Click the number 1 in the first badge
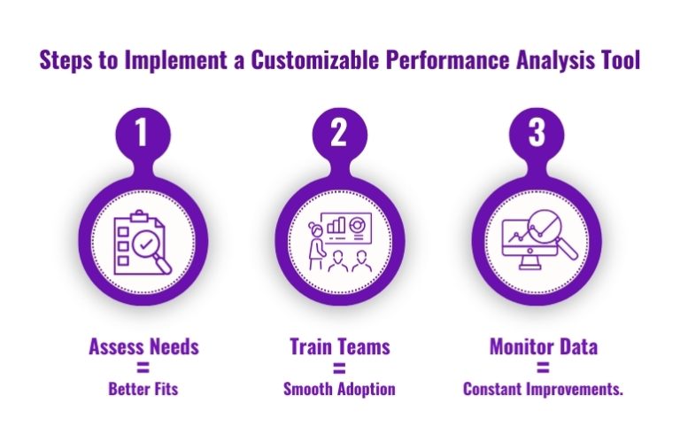tap(143, 134)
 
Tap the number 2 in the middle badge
tap(340, 134)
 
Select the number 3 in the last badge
tap(537, 134)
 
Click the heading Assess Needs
tap(143, 346)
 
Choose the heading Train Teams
tap(340, 346)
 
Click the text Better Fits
tap(143, 388)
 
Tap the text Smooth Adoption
tap(340, 388)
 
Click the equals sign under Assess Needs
tap(143, 367)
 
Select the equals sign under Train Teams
tap(340, 367)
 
